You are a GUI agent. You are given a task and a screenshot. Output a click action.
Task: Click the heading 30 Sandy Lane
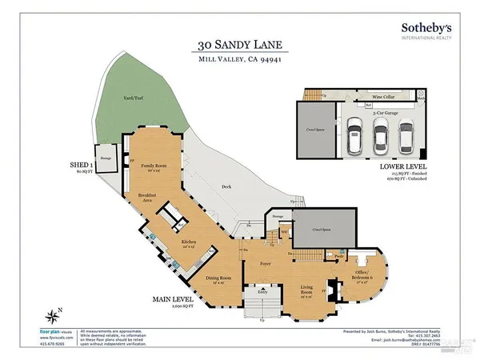(239, 46)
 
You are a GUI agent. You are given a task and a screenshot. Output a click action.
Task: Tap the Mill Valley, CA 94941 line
(239, 60)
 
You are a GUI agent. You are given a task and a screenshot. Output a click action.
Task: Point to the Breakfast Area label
(146, 197)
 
